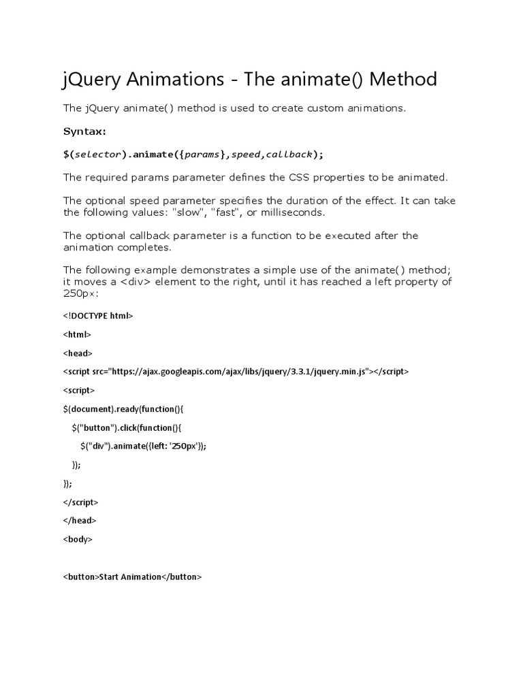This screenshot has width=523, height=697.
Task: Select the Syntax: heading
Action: point(85,131)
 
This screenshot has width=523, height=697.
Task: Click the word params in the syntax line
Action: point(202,154)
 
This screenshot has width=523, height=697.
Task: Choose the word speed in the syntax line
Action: point(246,154)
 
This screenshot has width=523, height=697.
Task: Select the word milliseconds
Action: point(294,212)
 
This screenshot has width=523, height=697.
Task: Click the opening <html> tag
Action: point(77,334)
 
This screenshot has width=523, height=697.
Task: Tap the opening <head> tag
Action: point(78,353)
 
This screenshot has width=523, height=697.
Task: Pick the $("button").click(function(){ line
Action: point(127,427)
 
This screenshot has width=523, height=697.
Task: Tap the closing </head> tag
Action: point(80,521)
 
